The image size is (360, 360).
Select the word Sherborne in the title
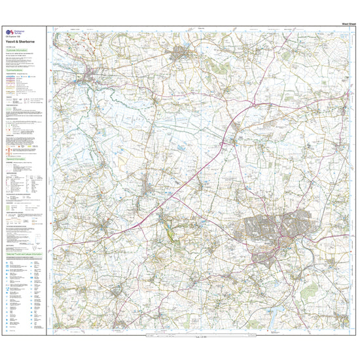pos(27,41)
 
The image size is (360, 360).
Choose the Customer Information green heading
pos(20,50)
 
